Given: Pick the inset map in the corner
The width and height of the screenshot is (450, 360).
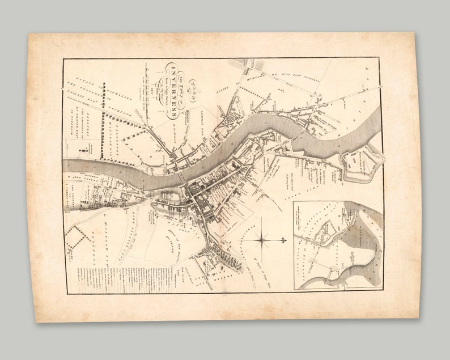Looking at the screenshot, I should point(338,244).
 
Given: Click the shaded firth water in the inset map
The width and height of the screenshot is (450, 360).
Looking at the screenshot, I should point(363,238).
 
